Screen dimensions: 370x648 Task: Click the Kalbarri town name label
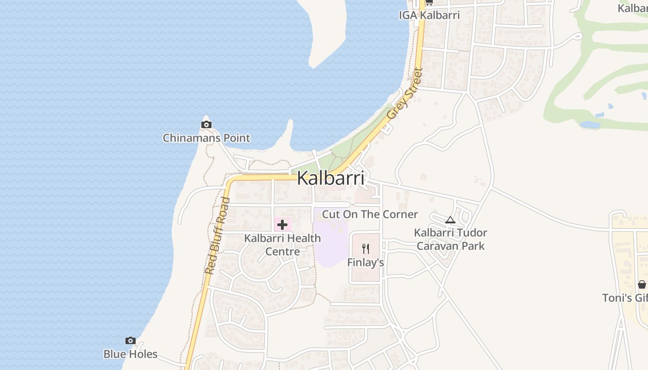point(330,178)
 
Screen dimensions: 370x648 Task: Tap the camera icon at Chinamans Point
point(206,124)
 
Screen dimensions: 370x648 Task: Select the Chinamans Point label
point(206,138)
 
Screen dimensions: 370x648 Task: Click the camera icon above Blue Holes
point(131,341)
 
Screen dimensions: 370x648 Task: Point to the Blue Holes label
point(131,354)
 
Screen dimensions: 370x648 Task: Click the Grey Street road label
point(405,94)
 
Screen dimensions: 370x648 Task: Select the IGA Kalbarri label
point(429,15)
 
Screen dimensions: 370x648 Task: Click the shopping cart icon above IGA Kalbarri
point(429,2)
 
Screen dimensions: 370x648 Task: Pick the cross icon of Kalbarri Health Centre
point(282,225)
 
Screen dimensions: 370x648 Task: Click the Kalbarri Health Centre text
point(282,245)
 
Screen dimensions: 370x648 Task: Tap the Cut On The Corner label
point(370,214)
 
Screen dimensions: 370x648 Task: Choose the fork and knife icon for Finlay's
point(366,249)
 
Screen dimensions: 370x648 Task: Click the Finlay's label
point(366,263)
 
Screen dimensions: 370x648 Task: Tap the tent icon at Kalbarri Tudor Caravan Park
point(450,220)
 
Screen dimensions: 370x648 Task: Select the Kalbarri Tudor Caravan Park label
point(450,239)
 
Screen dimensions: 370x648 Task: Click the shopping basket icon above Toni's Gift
point(642,284)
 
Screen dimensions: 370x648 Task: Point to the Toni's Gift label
point(625,298)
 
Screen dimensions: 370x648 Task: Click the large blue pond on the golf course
point(590,125)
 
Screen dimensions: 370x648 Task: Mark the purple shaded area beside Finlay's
point(330,245)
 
